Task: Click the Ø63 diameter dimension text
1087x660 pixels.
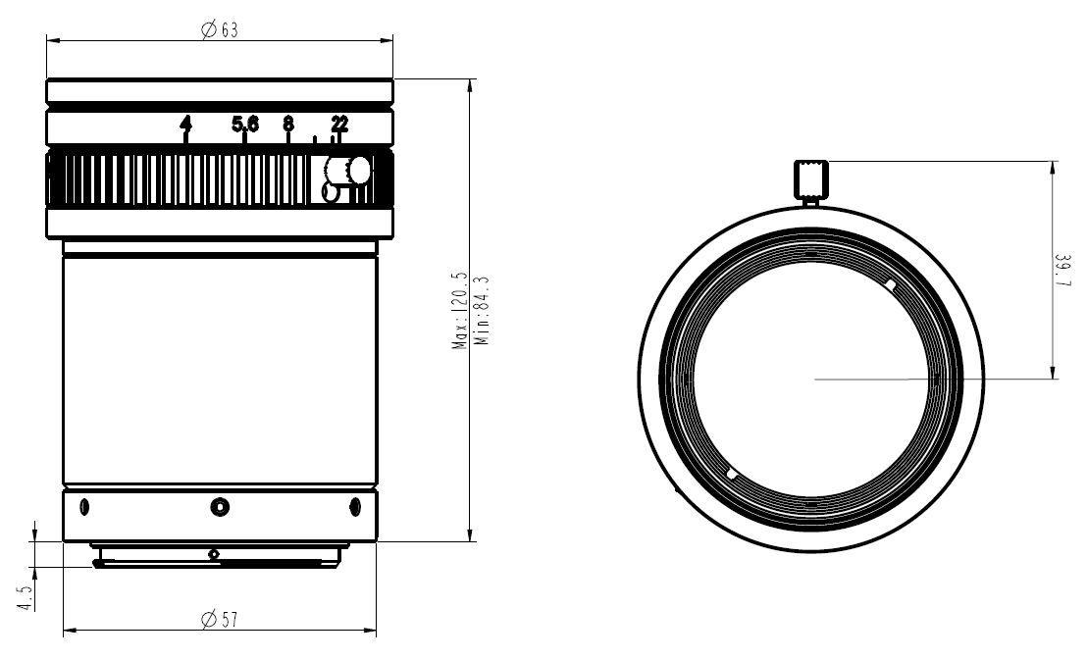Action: (220, 30)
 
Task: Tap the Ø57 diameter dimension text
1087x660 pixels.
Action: (220, 620)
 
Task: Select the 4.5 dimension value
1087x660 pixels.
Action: (26, 597)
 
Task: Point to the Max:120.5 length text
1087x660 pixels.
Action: (461, 313)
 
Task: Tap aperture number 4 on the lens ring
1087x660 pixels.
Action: (185, 124)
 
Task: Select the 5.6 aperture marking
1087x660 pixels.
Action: (244, 124)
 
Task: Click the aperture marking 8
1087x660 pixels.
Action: (287, 124)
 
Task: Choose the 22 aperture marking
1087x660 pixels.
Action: (339, 124)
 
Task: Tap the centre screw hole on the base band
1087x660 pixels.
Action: (220, 506)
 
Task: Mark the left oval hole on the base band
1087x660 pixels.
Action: (83, 507)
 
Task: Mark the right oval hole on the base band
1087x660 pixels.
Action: (355, 507)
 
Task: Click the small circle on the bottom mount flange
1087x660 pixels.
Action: (214, 554)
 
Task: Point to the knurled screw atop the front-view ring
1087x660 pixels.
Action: (810, 179)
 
